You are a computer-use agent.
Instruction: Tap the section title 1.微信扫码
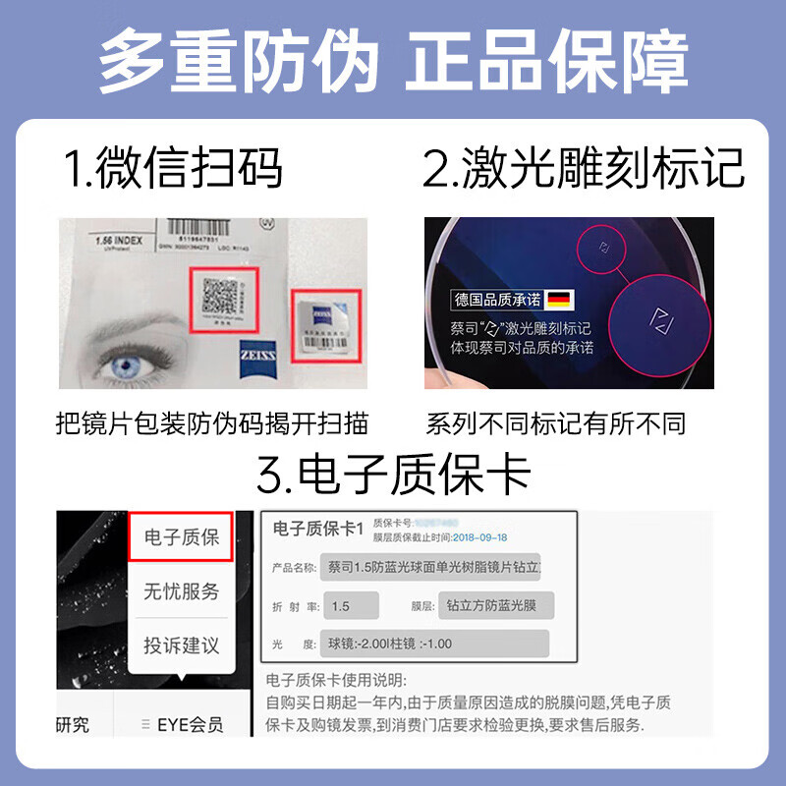pyautogui.click(x=174, y=168)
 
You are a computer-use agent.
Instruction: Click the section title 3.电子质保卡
pyautogui.click(x=393, y=476)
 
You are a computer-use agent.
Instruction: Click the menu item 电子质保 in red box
pyautogui.click(x=181, y=537)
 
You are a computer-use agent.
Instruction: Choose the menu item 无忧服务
pyautogui.click(x=181, y=591)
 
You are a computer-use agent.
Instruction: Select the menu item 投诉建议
pyautogui.click(x=181, y=646)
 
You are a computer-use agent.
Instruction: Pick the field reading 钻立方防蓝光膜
pyautogui.click(x=492, y=606)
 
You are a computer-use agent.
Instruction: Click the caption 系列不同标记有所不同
pyautogui.click(x=555, y=423)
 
